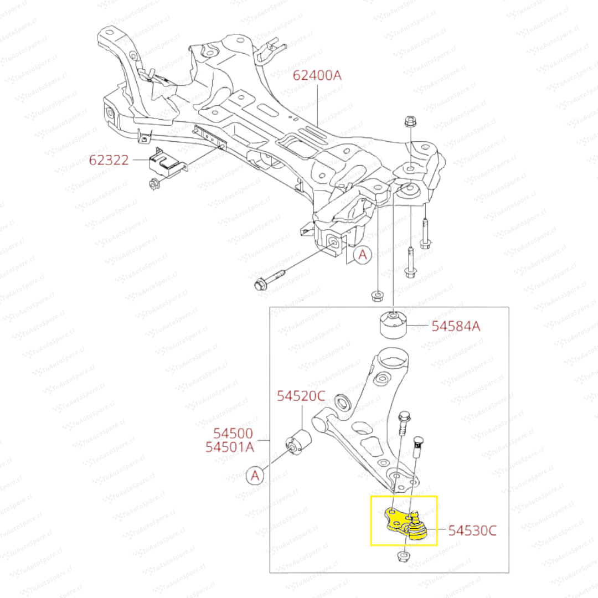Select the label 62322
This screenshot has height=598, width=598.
point(109,161)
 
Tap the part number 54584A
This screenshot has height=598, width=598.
point(456,326)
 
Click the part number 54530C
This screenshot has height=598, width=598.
point(472,530)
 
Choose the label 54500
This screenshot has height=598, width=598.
point(234,434)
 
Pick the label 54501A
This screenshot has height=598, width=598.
point(230,447)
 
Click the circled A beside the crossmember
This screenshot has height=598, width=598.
point(363,255)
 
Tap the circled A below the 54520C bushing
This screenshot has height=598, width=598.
point(255,475)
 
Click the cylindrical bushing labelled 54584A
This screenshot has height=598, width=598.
point(393,326)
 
